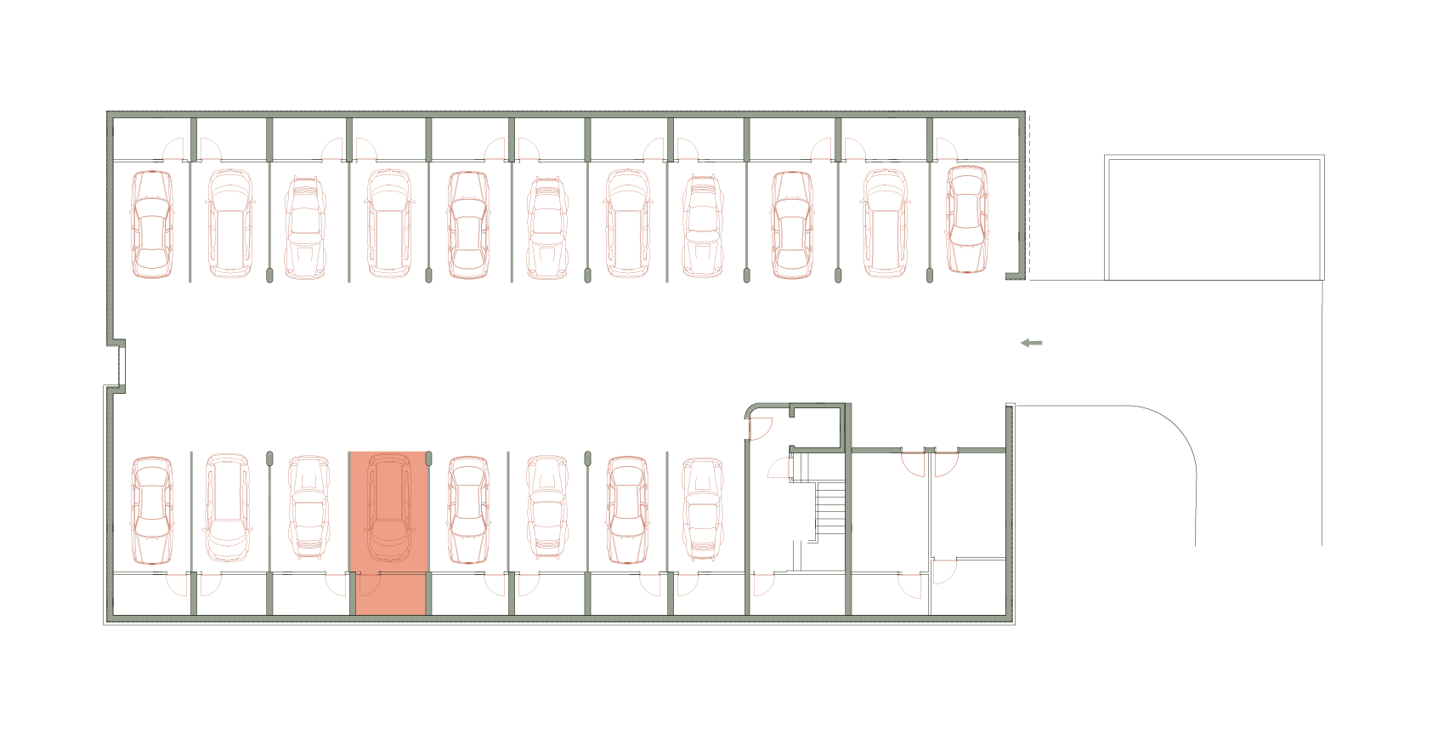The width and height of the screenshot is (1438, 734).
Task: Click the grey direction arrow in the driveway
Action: click(1031, 343)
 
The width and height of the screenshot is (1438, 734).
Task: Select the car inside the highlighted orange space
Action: click(389, 508)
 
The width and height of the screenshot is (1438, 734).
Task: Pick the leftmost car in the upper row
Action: click(152, 225)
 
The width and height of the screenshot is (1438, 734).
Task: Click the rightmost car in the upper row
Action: click(967, 219)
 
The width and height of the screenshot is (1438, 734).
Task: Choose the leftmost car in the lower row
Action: click(152, 510)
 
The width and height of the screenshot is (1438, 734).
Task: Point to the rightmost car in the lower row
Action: click(702, 509)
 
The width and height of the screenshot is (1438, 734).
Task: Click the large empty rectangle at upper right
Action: click(1214, 219)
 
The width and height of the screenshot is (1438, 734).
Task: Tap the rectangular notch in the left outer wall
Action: click(119, 365)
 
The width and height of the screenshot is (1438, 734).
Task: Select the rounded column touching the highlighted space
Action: click(428, 458)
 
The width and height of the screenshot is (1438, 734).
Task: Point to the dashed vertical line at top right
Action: click(1029, 196)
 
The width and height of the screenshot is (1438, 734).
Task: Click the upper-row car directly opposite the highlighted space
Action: click(389, 224)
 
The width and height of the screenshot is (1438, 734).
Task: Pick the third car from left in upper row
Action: click(305, 228)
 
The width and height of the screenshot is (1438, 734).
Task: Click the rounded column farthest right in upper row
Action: click(930, 275)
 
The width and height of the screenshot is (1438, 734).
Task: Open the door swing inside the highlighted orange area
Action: click(369, 584)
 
